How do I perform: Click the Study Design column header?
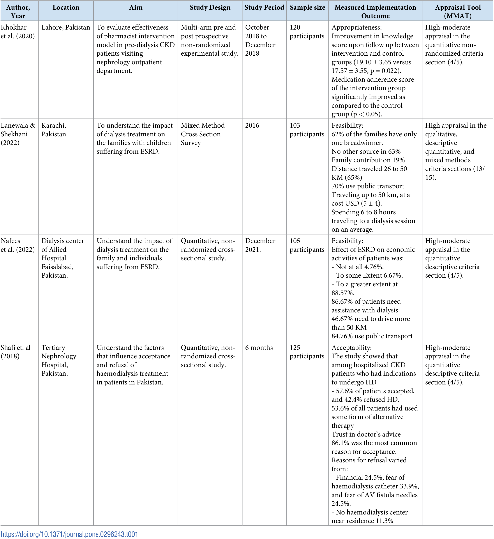pos(210,7)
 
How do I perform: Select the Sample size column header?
pos(307,7)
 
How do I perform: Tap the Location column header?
pos(66,7)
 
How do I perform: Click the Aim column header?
pos(136,7)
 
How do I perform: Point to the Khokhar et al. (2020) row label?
pos(18,32)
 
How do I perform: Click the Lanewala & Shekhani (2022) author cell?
pos(18,134)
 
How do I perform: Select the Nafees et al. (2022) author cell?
pos(18,245)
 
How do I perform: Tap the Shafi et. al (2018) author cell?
pos(16,352)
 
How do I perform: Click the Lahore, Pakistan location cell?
pos(66,27)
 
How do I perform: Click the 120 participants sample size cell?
pos(307,32)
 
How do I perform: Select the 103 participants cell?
pos(307,130)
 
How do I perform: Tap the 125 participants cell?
pos(307,352)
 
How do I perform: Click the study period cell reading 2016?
pos(252,125)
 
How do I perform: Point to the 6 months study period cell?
pos(259,348)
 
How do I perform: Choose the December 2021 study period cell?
pos(260,245)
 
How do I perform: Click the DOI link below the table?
pos(70,534)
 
